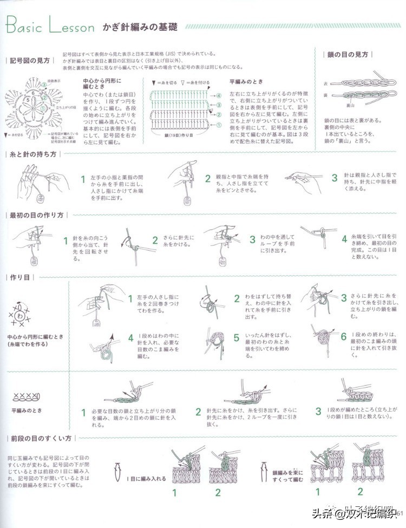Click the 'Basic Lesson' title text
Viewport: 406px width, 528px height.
pos(49,25)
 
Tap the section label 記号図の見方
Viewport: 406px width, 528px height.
pos(30,60)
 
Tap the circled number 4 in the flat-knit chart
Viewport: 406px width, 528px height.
pos(219,95)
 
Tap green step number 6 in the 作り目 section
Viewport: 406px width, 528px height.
pos(343,336)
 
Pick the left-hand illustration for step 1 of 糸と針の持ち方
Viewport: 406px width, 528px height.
pos(38,181)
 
